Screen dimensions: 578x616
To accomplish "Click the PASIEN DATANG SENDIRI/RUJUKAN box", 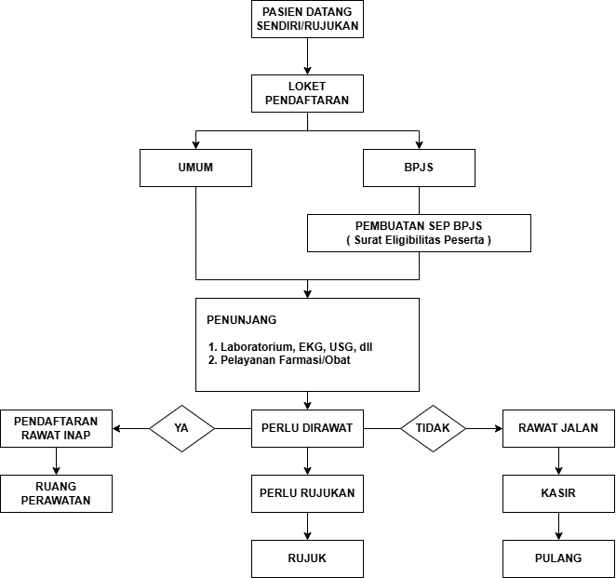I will pos(307,19).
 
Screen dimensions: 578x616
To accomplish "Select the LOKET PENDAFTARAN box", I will pos(307,93).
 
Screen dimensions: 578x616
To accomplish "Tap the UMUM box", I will pos(195,168).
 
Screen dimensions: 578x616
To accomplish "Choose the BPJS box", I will pos(419,168).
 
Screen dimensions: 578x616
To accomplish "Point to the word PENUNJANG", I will pos(242,320).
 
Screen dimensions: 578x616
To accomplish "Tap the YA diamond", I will pos(182,428).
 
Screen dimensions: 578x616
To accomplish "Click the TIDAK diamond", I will pos(433,428).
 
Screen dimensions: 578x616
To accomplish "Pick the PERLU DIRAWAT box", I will pos(307,428).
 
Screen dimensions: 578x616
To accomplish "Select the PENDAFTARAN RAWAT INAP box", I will pos(56,428).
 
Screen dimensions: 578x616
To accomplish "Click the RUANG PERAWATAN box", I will pos(56,493).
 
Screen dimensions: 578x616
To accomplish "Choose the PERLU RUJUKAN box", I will pos(307,493).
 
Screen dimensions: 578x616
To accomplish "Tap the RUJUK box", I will pos(307,558).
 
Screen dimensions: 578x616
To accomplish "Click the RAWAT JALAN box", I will pos(558,428).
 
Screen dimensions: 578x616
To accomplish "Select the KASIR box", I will pos(558,493).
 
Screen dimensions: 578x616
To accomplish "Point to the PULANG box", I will pos(558,558).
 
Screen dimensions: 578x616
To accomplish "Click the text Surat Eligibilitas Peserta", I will pos(419,240).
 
